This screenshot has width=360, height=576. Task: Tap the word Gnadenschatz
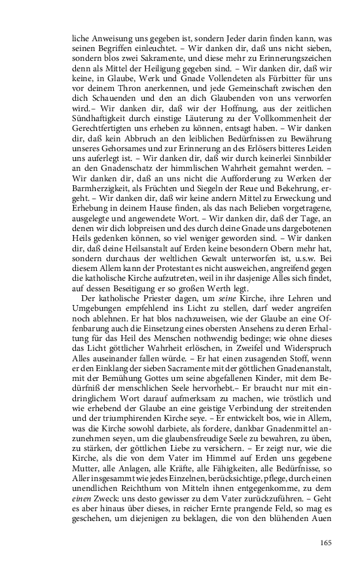click(x=115, y=217)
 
